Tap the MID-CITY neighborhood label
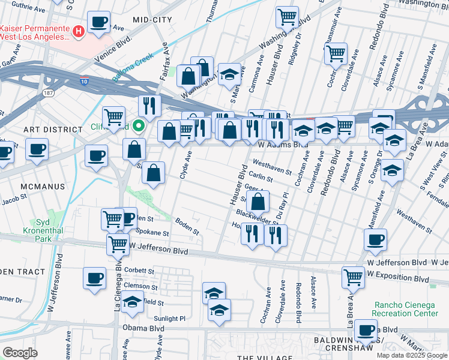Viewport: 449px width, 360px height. tap(149, 20)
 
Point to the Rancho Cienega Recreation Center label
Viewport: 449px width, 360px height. tap(405, 309)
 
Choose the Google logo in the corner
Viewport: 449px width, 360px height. tap(20, 352)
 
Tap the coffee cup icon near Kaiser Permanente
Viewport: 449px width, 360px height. tap(99, 23)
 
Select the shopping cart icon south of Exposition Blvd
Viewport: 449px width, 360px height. tap(353, 277)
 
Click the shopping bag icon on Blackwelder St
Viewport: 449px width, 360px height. tap(258, 202)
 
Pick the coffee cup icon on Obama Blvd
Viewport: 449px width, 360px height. tap(365, 329)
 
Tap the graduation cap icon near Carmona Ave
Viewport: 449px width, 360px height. tap(229, 74)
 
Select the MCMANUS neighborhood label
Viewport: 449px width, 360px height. tap(42, 187)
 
